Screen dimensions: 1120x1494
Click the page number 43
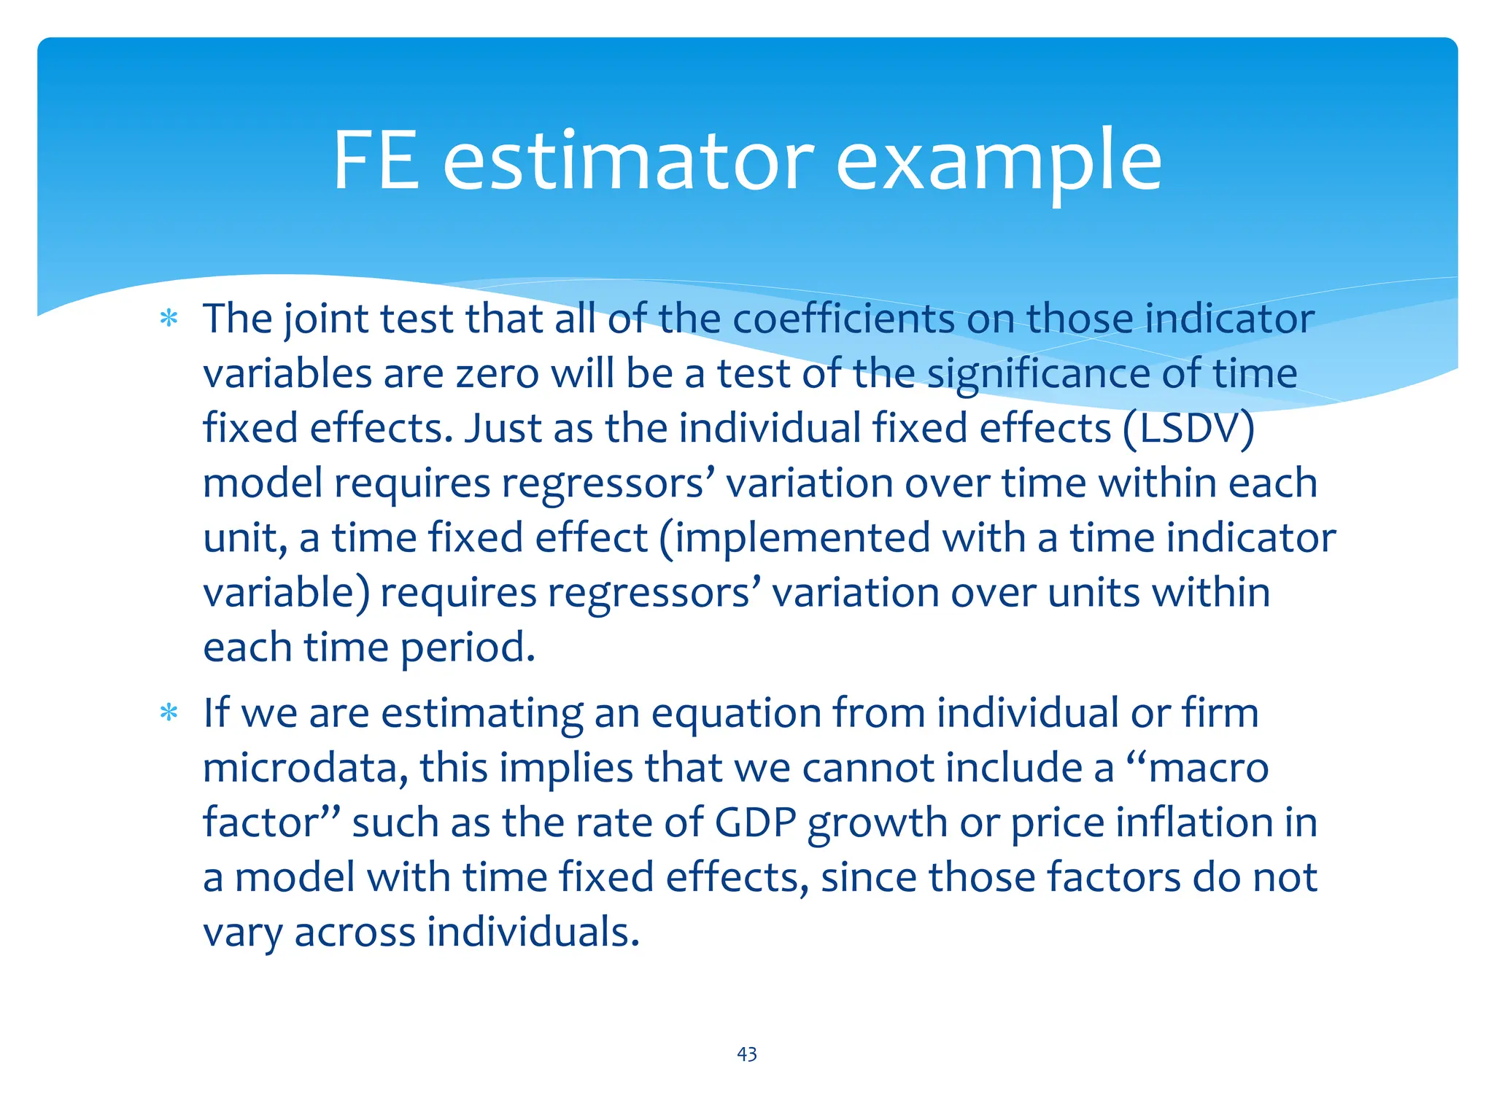click(x=746, y=1054)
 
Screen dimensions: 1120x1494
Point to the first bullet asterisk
click(x=169, y=319)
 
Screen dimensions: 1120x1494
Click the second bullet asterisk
click(x=169, y=713)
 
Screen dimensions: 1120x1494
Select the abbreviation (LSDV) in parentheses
click(x=1188, y=428)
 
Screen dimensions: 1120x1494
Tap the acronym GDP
click(x=755, y=822)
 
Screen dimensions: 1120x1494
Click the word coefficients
click(x=843, y=319)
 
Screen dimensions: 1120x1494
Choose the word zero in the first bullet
click(x=498, y=373)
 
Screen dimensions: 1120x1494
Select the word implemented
click(x=794, y=538)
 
